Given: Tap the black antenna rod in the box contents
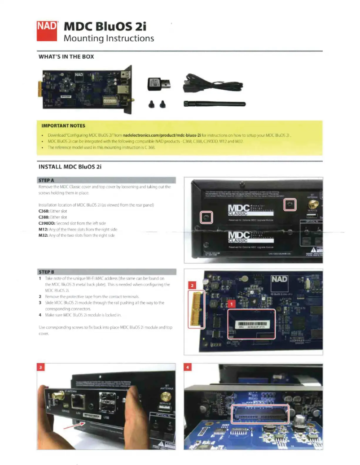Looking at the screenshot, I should pyautogui.click(x=215, y=104).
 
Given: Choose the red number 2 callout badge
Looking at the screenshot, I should pyautogui.click(x=192, y=285).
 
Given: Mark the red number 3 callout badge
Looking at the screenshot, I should pyautogui.click(x=42, y=368).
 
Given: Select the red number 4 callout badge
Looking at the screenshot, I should pyautogui.click(x=189, y=368).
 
